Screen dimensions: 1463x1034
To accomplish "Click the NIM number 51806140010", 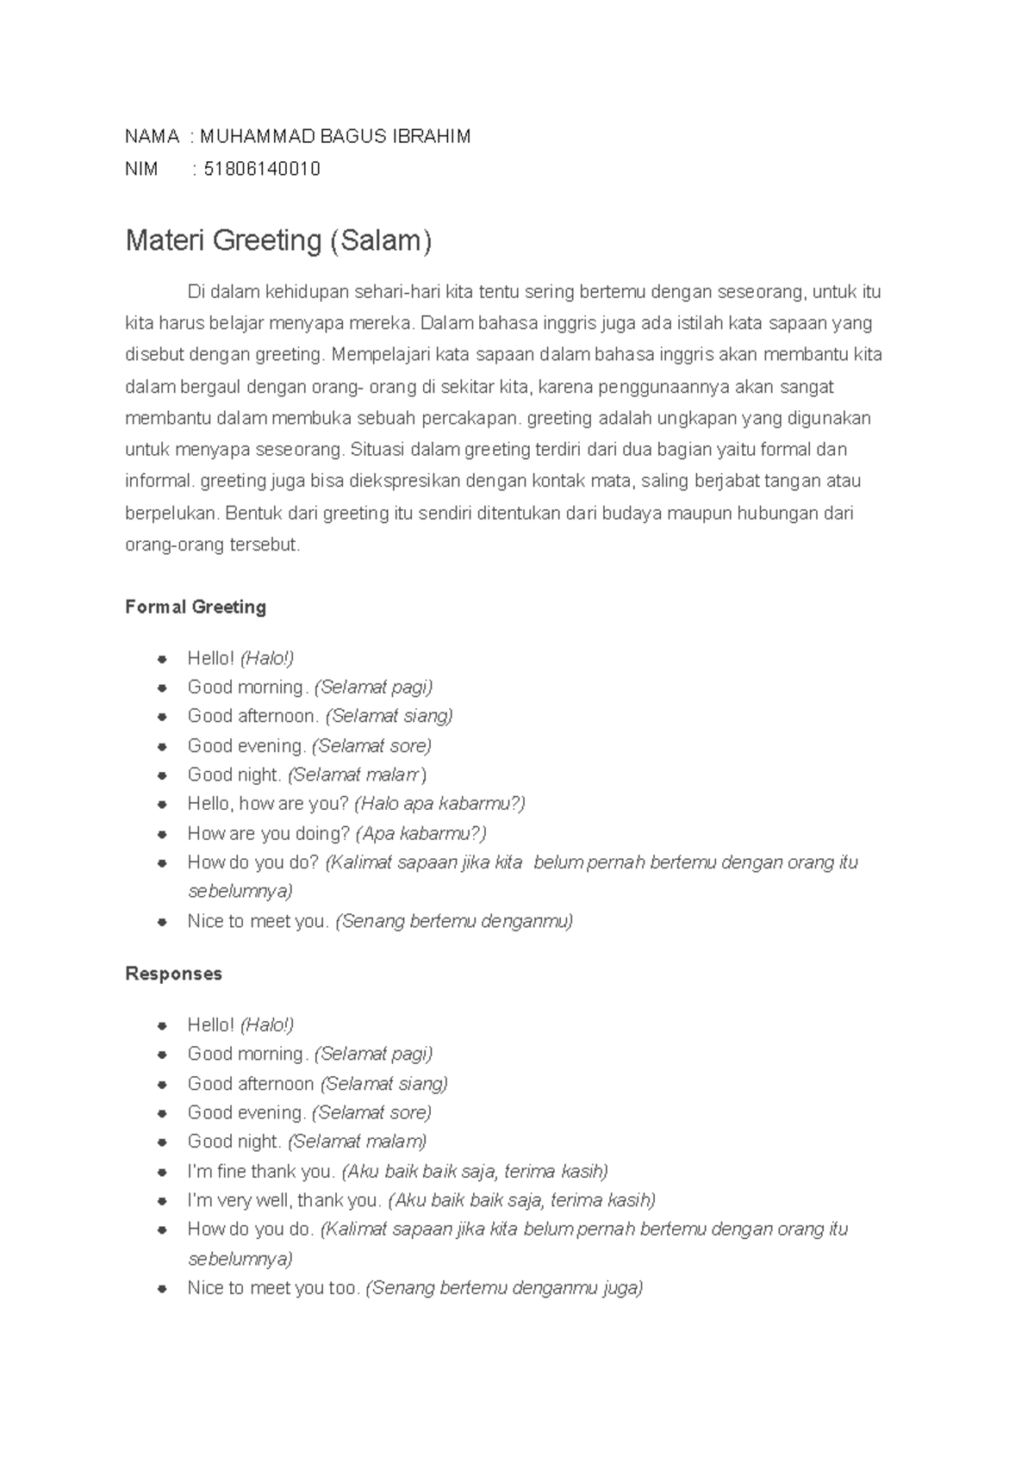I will (262, 169).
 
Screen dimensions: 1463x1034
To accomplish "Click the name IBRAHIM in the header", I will (432, 136).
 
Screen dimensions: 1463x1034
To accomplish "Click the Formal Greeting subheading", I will (196, 607).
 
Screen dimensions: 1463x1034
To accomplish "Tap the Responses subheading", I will (173, 974).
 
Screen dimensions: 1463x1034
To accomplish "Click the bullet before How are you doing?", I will (161, 834).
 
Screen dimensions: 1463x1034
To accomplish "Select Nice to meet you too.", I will (273, 1288).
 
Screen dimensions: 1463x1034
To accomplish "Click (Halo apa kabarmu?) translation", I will (439, 804).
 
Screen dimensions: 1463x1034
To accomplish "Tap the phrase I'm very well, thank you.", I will (284, 1200).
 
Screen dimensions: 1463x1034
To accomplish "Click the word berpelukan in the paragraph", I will (171, 514).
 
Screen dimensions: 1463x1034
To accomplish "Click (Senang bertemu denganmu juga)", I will (504, 1288).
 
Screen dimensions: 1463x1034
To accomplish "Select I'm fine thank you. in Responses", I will (261, 1171).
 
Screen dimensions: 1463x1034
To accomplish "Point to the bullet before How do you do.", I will (161, 1230).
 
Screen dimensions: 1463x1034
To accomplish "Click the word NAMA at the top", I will (152, 136).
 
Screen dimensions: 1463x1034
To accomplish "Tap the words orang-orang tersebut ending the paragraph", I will (212, 545).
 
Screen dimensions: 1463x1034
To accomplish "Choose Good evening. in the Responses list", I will (246, 1112).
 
